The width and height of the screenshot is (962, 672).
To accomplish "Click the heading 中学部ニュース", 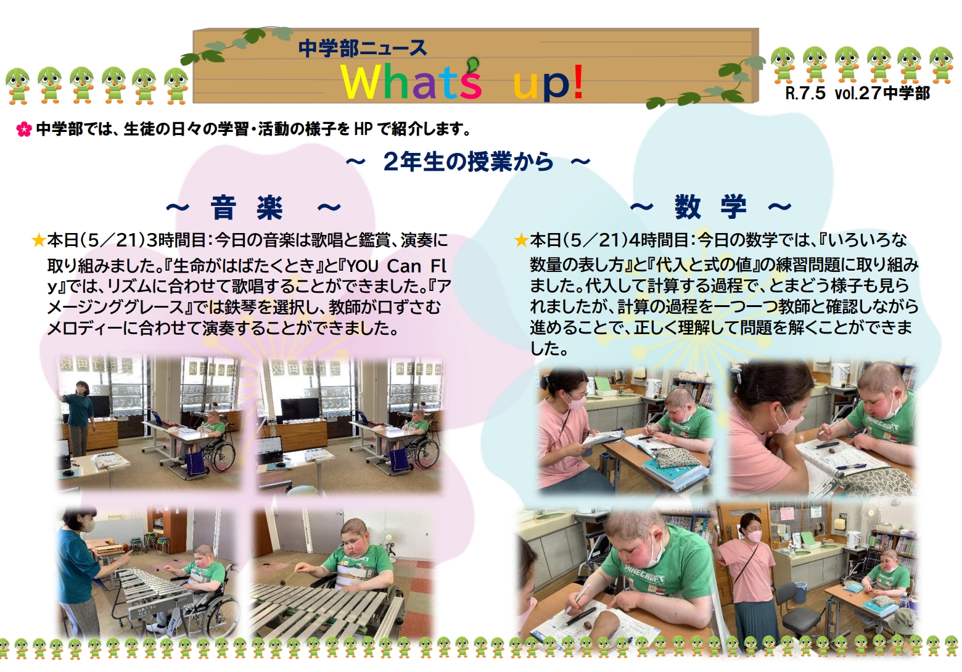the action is (x=363, y=48).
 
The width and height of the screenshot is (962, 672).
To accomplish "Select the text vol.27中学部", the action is (x=882, y=93).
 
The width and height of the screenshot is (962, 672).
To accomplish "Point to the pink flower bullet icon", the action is (x=23, y=129).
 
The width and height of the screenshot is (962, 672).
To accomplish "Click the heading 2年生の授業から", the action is (x=467, y=162).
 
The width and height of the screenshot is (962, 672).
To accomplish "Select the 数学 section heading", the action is (x=710, y=207).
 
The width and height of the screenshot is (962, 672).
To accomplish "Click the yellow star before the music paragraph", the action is (x=39, y=240).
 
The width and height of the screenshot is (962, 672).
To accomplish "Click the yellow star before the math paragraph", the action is (x=521, y=240).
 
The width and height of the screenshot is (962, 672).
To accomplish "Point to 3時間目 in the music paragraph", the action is (x=176, y=240).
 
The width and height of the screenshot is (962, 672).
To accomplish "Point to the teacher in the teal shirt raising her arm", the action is (x=80, y=417).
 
